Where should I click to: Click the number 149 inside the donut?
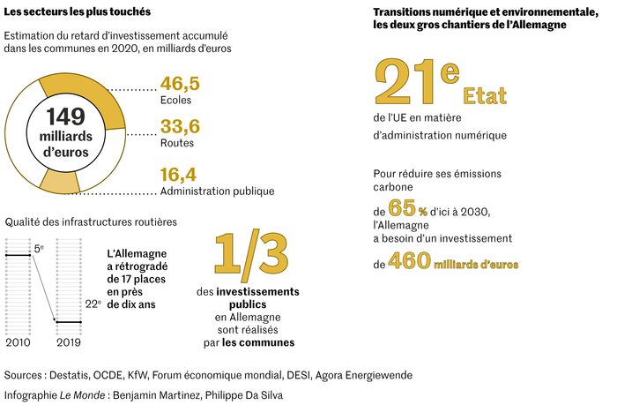66,116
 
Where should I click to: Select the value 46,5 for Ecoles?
180,84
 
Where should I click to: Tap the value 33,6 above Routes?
180,125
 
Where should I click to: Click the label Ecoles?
176,101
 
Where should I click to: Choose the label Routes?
177,142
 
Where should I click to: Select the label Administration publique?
217,191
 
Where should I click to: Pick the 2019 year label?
70,342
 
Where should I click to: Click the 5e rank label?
40,250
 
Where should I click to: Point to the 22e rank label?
92,303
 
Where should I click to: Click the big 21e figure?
415,82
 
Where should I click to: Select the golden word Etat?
487,94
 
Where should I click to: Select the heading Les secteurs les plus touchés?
77,11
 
